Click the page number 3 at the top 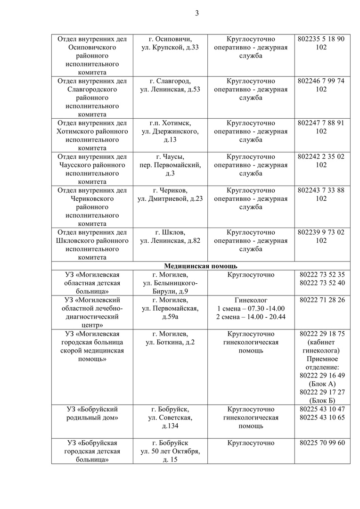coord(197,13)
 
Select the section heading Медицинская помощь coord(201,266)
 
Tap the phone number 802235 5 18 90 coord(321,39)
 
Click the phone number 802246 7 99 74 coord(321,81)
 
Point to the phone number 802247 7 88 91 coord(321,123)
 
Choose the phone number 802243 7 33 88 coord(321,190)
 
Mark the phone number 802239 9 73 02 coord(321,232)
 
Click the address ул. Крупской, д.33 coord(170,48)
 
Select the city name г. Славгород coord(170,81)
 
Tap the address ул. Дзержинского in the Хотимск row coord(170,131)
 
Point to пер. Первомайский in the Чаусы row coord(170,165)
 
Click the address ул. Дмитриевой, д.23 coord(170,199)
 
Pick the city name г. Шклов coord(170,232)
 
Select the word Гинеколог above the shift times coord(251,300)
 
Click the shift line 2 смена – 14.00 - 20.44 coord(251,317)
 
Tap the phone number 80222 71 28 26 coord(322,300)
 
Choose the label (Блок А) coord(322,384)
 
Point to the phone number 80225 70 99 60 coord(322,443)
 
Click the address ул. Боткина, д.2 coord(170,342)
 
